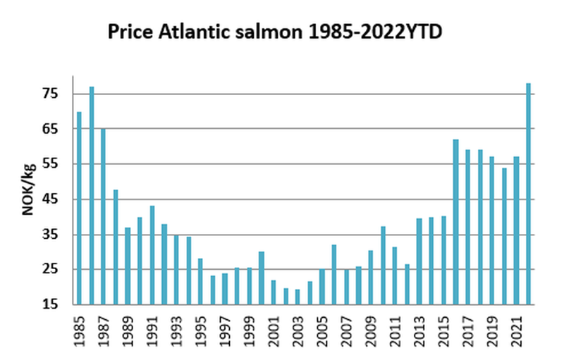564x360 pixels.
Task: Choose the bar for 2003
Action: (298, 297)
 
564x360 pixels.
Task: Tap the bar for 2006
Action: (334, 275)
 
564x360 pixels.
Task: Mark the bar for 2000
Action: (262, 278)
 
